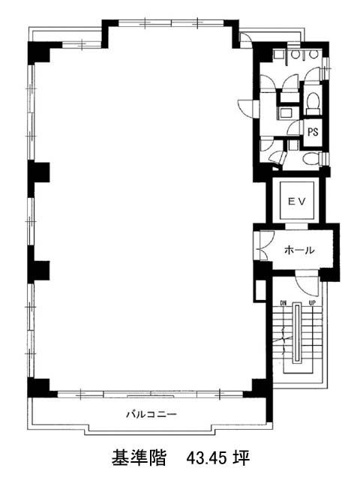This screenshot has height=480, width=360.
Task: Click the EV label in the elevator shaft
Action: [297, 201]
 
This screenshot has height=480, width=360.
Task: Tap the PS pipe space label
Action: [313, 132]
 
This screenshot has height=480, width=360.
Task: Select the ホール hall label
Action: [299, 250]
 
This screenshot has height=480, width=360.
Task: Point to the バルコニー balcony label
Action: [151, 415]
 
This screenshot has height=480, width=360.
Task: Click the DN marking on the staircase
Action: [283, 303]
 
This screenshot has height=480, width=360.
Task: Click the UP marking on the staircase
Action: [312, 303]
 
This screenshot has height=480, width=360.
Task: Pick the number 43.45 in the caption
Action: [207, 458]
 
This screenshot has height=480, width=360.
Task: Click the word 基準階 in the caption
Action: [139, 458]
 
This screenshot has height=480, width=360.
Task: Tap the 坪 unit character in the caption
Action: [242, 458]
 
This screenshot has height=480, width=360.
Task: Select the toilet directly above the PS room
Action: [313, 102]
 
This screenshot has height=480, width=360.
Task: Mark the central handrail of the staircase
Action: [296, 333]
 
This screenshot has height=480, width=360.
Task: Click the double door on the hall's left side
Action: [265, 245]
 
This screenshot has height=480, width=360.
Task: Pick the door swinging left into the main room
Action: [246, 108]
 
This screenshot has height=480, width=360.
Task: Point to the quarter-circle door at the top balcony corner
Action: [245, 39]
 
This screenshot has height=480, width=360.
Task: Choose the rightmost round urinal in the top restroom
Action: [313, 55]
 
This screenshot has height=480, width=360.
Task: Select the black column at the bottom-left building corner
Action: [40, 388]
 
